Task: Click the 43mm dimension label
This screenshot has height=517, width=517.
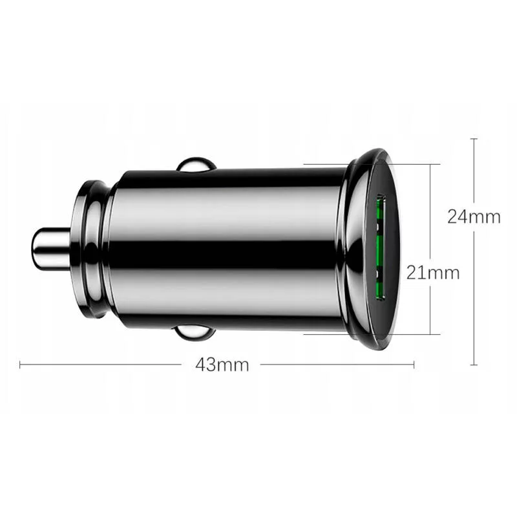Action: pos(222,364)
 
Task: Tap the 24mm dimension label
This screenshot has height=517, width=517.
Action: pos(474,217)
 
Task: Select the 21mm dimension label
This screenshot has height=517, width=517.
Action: pos(432,273)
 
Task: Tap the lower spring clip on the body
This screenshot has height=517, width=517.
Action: pos(195,332)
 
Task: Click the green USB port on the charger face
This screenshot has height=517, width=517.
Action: pos(381,248)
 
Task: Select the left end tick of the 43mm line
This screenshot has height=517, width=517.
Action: pos(20,364)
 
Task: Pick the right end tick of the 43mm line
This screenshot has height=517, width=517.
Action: pos(414,364)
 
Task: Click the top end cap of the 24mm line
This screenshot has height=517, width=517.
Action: pos(474,139)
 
